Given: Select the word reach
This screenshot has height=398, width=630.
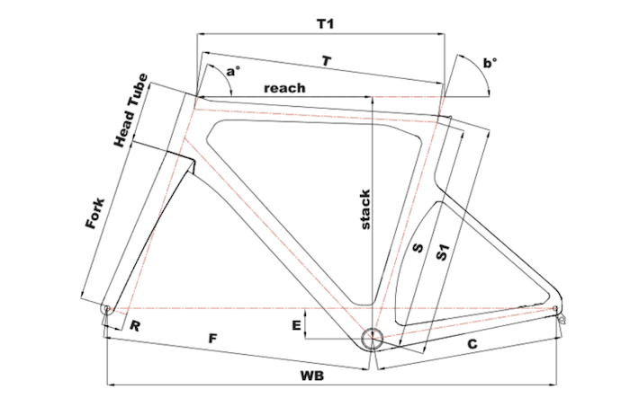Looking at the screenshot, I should (x=284, y=88).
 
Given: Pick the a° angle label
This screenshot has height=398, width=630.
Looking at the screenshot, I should (x=234, y=70).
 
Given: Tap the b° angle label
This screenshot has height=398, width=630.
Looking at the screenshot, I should (x=490, y=63).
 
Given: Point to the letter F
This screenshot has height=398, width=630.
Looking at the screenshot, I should (x=212, y=339).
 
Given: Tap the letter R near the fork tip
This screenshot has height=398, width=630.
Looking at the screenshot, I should (x=133, y=326).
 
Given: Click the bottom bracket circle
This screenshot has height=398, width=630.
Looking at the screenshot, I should (x=372, y=338).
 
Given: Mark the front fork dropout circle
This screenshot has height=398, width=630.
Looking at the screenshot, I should (x=107, y=309).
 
